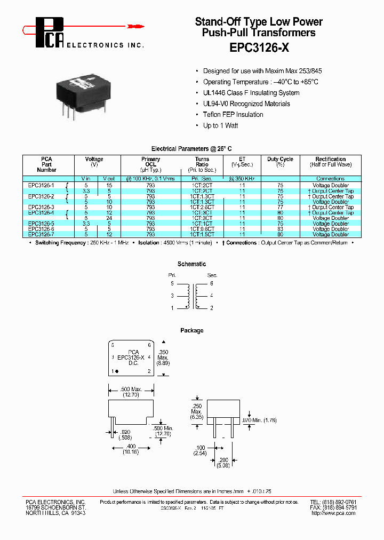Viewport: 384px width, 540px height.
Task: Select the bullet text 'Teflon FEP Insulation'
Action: (x=233, y=115)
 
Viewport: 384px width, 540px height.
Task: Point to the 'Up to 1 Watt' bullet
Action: (x=220, y=125)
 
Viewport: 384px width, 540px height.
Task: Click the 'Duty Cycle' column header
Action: (x=280, y=160)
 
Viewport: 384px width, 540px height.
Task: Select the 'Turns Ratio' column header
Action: (x=202, y=162)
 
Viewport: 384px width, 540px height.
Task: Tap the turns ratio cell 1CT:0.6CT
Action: (x=202, y=229)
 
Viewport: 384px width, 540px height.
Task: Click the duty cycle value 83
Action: (x=280, y=229)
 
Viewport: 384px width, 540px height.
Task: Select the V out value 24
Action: (x=109, y=218)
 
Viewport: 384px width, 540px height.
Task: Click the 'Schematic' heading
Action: (x=191, y=264)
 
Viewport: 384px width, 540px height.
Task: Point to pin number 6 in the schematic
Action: (x=211, y=283)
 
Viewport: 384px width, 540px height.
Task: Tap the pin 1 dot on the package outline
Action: (x=116, y=370)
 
